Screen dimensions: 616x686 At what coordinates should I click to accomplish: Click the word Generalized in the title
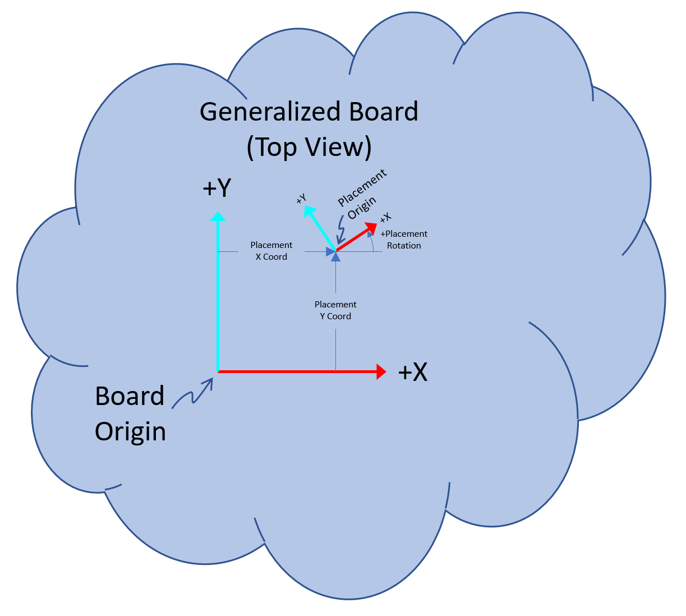(x=271, y=112)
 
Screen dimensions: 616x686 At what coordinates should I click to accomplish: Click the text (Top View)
(x=309, y=147)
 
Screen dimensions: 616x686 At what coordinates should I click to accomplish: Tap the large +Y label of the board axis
(x=217, y=189)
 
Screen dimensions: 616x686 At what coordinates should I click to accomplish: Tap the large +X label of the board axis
(x=412, y=372)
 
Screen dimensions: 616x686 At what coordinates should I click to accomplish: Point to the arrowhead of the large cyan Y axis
(x=218, y=216)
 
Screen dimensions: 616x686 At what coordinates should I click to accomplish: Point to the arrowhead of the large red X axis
(x=381, y=371)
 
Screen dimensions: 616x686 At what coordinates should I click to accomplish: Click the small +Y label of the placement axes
(x=301, y=199)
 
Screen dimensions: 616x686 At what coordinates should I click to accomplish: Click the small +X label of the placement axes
(x=385, y=218)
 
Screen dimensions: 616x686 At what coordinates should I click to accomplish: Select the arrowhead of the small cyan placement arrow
(x=308, y=211)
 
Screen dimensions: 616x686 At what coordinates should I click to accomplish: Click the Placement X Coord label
(x=271, y=251)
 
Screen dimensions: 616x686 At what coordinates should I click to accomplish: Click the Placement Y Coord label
(x=335, y=310)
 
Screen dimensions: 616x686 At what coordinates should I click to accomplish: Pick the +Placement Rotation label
(x=404, y=240)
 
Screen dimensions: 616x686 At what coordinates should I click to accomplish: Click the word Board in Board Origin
(x=130, y=396)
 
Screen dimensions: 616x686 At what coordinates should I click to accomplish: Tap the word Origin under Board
(x=130, y=431)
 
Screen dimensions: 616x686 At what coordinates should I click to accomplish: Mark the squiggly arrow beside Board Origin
(x=192, y=393)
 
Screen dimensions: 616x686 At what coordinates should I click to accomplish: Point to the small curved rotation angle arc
(x=371, y=242)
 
